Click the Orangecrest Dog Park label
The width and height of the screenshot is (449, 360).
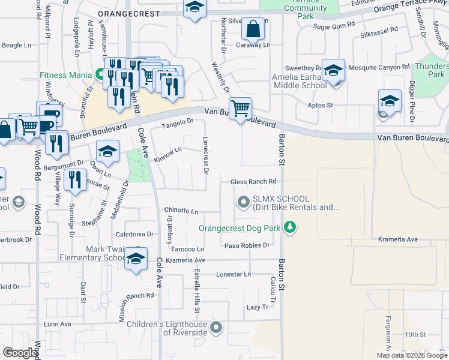click(241, 228)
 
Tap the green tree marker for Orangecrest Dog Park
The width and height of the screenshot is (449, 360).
click(290, 227)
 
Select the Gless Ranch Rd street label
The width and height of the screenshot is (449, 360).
click(253, 182)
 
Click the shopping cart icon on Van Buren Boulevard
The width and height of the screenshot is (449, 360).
click(240, 109)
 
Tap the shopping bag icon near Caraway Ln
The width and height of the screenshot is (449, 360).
click(254, 28)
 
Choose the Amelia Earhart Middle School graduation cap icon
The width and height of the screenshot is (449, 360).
click(333, 70)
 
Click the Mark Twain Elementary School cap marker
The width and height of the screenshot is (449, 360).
click(136, 259)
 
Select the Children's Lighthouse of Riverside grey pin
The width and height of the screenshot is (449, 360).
click(216, 328)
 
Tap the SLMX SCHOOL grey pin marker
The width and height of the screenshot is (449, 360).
click(243, 203)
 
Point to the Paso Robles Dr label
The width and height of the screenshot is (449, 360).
click(247, 245)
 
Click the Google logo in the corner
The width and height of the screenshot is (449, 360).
click(20, 353)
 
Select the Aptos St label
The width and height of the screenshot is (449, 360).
click(321, 105)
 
